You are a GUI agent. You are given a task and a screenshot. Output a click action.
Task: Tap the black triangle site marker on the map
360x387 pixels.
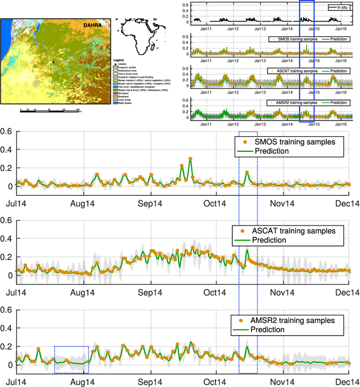[54, 62]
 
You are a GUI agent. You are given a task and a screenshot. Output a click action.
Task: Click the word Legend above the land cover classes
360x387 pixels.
[119, 59]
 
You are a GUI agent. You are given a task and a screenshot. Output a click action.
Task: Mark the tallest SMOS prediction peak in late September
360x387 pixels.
[191, 159]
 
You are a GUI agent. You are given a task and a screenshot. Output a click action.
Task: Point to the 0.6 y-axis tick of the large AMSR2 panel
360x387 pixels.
[6, 310]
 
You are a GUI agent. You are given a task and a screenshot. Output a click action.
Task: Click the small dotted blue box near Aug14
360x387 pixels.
[71, 359]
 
